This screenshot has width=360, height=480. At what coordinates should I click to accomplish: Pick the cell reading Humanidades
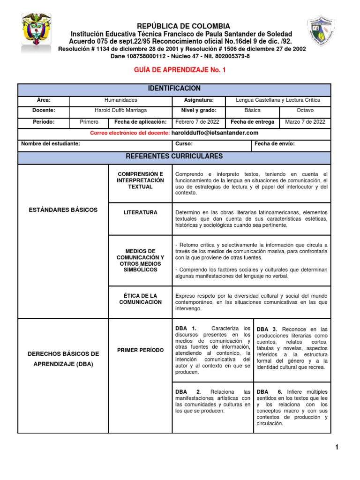pos(121,100)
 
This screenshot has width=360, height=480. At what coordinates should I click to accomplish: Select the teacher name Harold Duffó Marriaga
pos(121,111)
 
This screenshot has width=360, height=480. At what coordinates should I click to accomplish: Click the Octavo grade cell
pos(305,111)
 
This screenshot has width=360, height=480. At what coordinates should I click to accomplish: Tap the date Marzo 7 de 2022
pos(305,122)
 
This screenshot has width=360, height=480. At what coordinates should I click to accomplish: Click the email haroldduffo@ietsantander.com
pos(215,133)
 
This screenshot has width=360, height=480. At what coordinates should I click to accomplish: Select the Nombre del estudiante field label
pos(51,144)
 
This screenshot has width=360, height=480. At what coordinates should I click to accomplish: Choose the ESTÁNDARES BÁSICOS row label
pos(63,210)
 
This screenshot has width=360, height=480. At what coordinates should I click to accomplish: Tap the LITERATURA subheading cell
pos(141,212)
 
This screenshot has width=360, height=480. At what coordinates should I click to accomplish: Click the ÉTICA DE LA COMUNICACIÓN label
pos(141,299)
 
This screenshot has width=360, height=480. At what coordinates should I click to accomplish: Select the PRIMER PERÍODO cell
pos(141,350)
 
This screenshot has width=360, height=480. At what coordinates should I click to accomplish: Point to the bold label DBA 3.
pos(267,330)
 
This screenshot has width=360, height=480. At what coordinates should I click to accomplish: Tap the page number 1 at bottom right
pos(337,448)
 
